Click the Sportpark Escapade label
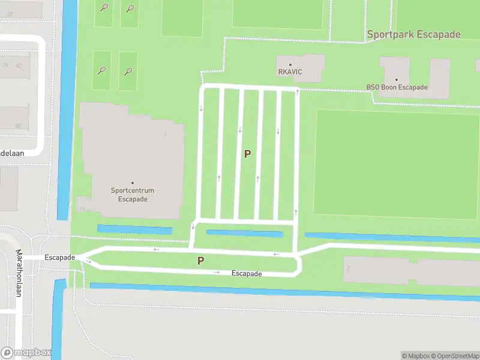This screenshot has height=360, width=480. tap(413, 34)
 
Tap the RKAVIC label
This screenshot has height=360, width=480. tap(290, 72)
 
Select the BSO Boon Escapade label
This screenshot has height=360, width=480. tap(397, 88)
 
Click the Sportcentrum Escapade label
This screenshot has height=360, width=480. tap(133, 195)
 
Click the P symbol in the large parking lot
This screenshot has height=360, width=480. tap(247, 154)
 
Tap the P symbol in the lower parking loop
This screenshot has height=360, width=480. tap(201, 261)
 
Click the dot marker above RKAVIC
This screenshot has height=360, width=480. tap(290, 64)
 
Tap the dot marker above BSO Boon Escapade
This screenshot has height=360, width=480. tap(397, 79)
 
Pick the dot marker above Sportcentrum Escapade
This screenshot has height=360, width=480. tap(133, 183)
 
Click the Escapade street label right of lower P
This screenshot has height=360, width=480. tap(247, 274)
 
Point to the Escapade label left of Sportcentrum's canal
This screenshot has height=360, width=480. tap(59, 257)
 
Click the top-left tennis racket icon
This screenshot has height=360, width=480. tap(104, 8)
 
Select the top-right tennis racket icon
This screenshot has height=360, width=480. tap(130, 8)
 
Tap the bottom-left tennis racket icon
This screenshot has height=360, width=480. tap(102, 70)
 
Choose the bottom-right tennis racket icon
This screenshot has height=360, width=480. tap(128, 71)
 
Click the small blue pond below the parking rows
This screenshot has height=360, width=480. tap(244, 233)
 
